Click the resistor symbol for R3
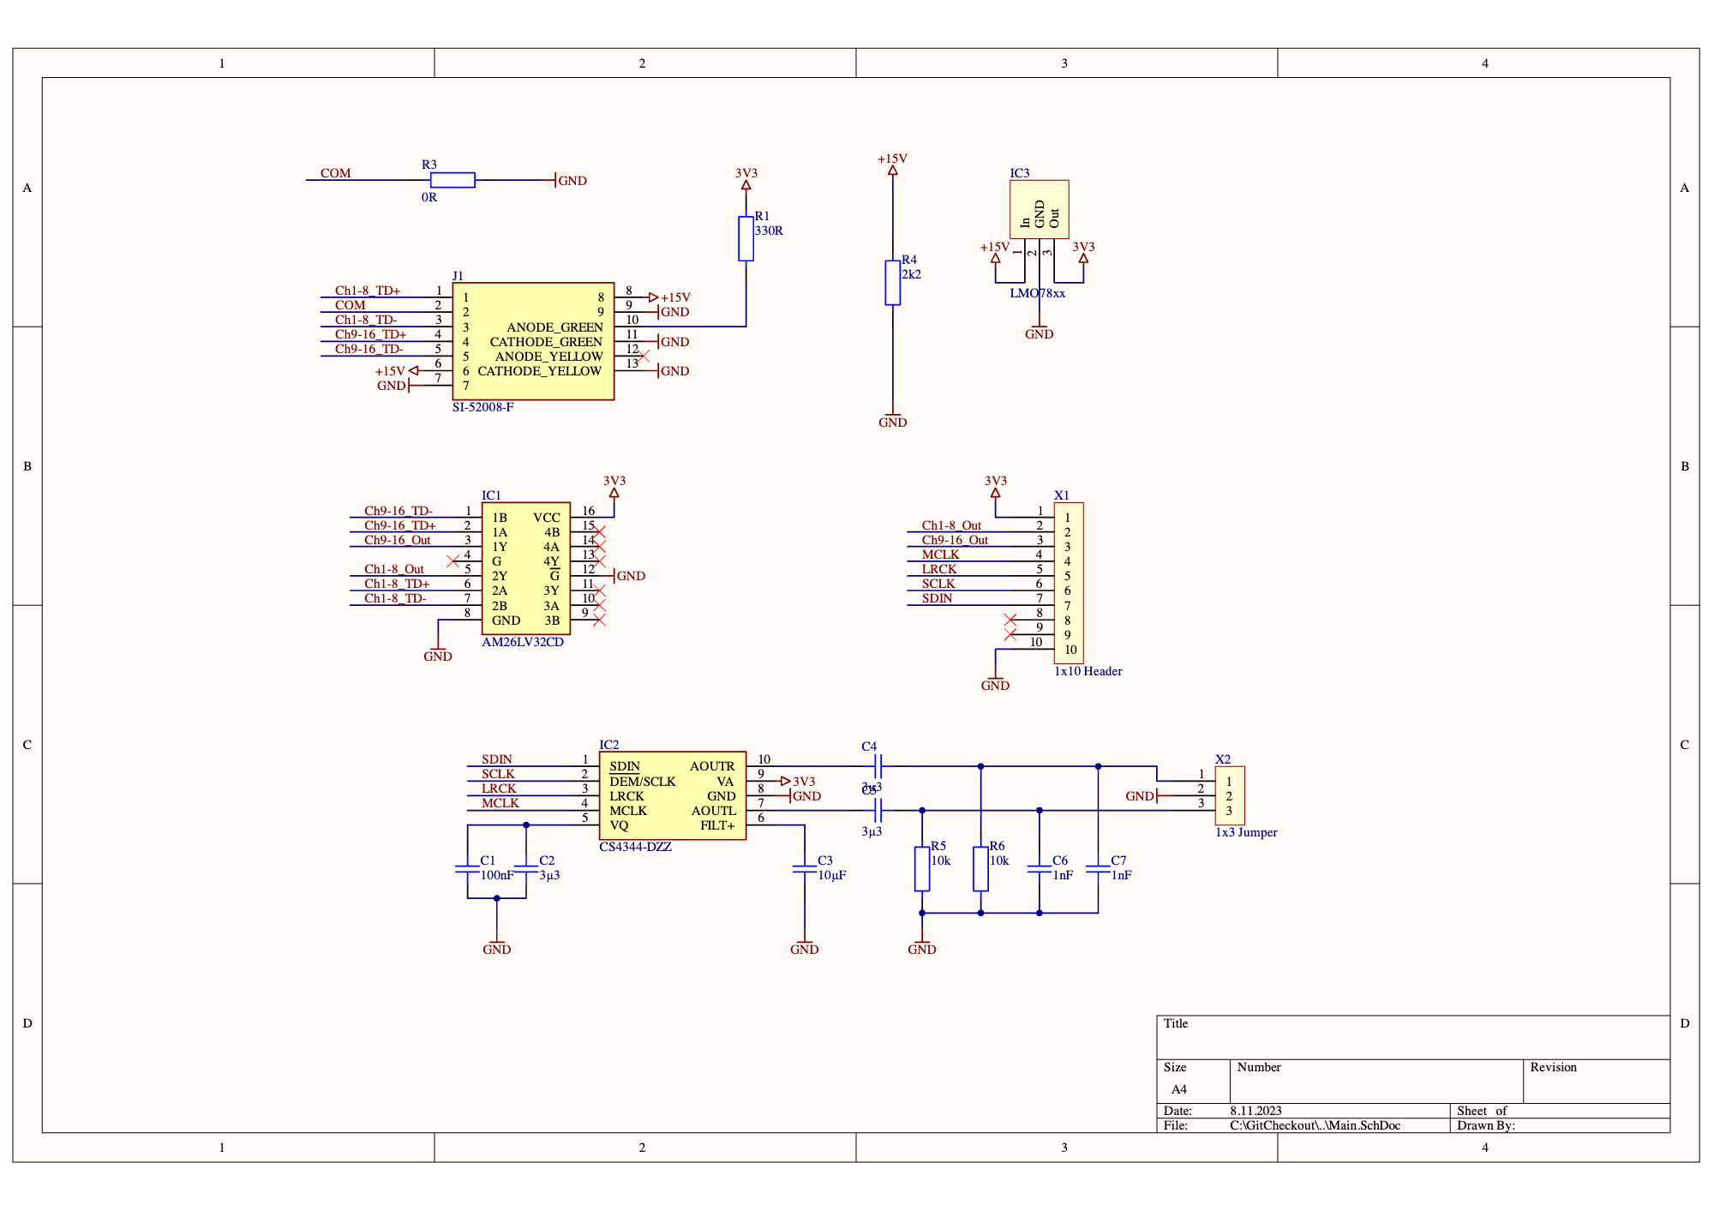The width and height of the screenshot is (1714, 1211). pos(452,180)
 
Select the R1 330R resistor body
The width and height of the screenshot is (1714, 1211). pos(746,238)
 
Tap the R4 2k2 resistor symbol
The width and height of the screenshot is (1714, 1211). pos(892,283)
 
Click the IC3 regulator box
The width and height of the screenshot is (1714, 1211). pos(1039,209)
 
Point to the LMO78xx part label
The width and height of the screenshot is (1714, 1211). pos(1037,293)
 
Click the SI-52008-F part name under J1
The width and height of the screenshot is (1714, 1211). pos(482,407)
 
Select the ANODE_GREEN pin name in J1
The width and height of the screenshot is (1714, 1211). pos(554,327)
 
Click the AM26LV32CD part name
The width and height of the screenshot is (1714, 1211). pos(522,642)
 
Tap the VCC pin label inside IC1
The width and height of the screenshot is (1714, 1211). pos(546,518)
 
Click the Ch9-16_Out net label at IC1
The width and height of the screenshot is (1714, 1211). pos(397,540)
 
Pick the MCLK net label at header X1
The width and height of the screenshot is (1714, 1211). pos(940,555)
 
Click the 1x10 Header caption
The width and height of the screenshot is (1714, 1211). pos(1088,671)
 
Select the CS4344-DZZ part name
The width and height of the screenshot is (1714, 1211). pos(635,847)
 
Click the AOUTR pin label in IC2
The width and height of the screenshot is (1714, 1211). pos(711,766)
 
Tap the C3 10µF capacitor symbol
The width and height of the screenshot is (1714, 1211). pos(804,868)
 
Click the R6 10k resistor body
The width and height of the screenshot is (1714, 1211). pos(980,868)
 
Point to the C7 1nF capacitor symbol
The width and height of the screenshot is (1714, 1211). pos(1098,868)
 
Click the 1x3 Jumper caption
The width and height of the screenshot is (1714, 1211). pos(1245,832)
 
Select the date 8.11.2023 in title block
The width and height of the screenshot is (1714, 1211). pos(1256,1111)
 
